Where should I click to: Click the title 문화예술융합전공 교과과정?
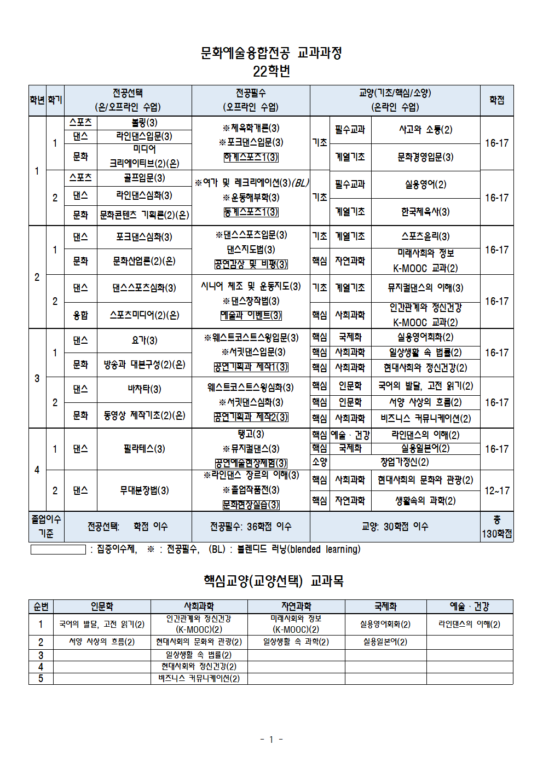click(271, 53)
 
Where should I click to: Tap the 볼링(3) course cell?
click(145, 123)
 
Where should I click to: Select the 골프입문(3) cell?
click(145, 178)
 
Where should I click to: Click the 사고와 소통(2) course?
click(425, 130)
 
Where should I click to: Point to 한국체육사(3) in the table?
click(425, 212)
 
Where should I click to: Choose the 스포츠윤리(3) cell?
click(425, 236)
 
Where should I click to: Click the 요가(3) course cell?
click(145, 340)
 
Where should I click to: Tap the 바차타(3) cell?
click(145, 389)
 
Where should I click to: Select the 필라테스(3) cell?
click(145, 449)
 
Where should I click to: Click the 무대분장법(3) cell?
click(145, 490)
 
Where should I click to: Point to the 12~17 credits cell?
click(496, 490)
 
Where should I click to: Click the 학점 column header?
click(496, 100)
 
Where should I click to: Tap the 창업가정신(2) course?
click(405, 462)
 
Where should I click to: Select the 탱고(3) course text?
click(251, 434)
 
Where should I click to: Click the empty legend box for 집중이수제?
click(58, 550)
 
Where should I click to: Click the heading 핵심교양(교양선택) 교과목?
click(273, 581)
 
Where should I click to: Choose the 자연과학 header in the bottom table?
click(296, 607)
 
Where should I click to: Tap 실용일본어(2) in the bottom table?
click(385, 642)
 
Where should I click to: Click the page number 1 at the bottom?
click(271, 740)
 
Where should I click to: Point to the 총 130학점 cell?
click(496, 527)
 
